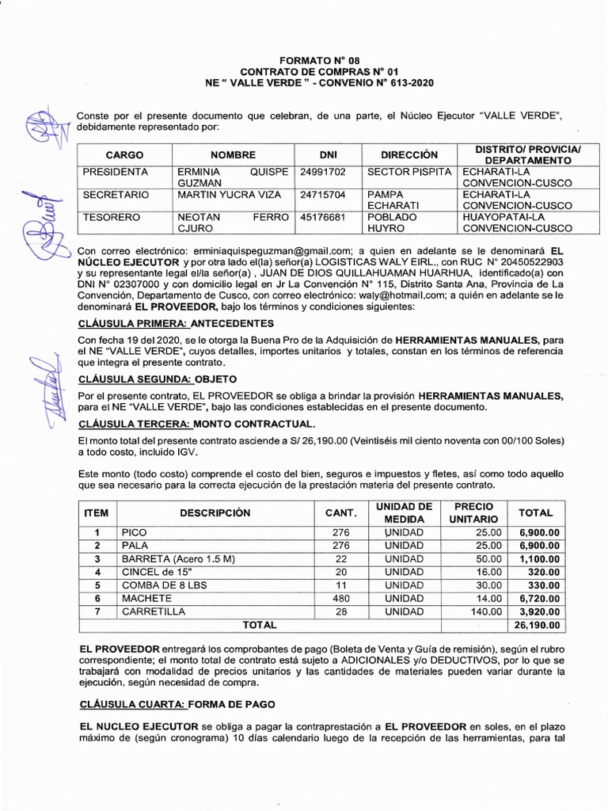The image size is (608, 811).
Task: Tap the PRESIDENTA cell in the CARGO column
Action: point(116,171)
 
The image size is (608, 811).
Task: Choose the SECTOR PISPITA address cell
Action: point(410,171)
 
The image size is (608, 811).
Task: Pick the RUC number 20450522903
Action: point(526,261)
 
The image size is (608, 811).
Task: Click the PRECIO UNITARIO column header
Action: point(473,512)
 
